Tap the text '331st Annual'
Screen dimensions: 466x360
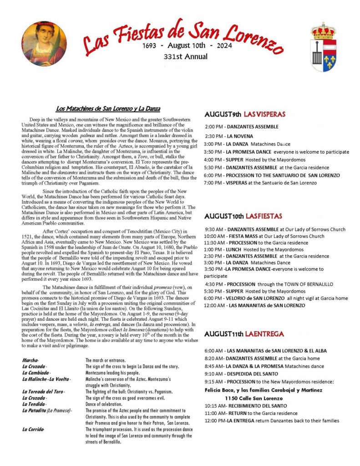tap(185, 57)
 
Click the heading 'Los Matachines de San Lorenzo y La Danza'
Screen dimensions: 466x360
tap(108, 109)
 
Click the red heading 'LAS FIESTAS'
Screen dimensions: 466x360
tap(266, 216)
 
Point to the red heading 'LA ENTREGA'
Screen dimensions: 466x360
tap(264, 334)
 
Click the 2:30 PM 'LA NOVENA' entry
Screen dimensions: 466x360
tap(229, 136)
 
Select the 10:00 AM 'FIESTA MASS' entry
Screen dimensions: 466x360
tap(264, 236)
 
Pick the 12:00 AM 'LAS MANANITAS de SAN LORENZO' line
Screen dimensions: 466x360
tap(254, 305)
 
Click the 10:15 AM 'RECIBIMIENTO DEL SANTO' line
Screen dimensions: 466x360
tap(246, 405)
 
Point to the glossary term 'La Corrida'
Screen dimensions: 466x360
tap(33, 430)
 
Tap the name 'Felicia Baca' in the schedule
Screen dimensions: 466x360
tap(222, 390)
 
